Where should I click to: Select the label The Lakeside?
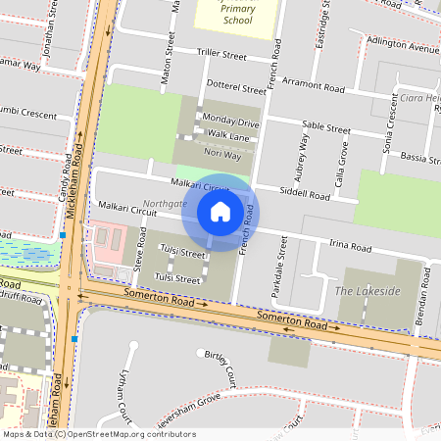(x=367, y=291)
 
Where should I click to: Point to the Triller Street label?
(x=220, y=56)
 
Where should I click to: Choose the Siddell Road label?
(x=306, y=195)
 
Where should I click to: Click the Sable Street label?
(x=326, y=127)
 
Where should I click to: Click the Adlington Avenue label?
(x=403, y=46)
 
